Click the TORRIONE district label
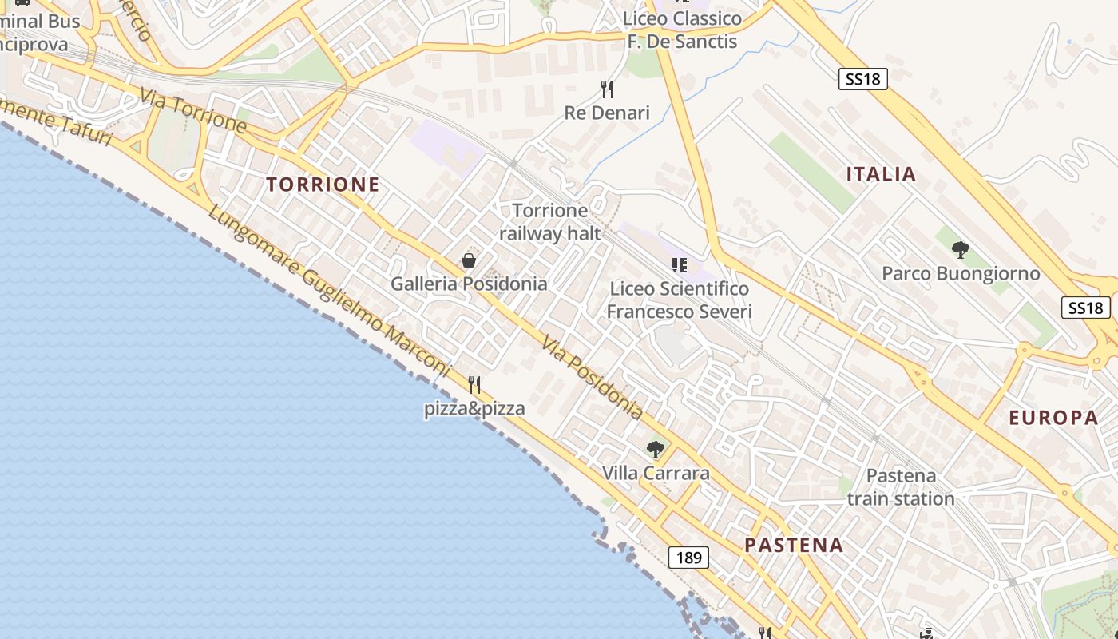323,185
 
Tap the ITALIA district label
881,174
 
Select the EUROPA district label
1053,417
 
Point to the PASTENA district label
794,545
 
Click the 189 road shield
688,557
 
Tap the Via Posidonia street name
592,378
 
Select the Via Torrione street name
192,110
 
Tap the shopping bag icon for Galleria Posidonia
469,260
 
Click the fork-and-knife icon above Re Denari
607,89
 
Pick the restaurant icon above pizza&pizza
474,385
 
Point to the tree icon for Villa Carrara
656,450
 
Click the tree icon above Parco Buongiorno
961,251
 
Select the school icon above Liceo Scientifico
680,265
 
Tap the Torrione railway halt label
549,222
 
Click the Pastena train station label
901,487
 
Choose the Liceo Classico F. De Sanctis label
682,30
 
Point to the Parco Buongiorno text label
961,274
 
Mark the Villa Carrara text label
656,473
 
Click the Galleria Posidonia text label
469,284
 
